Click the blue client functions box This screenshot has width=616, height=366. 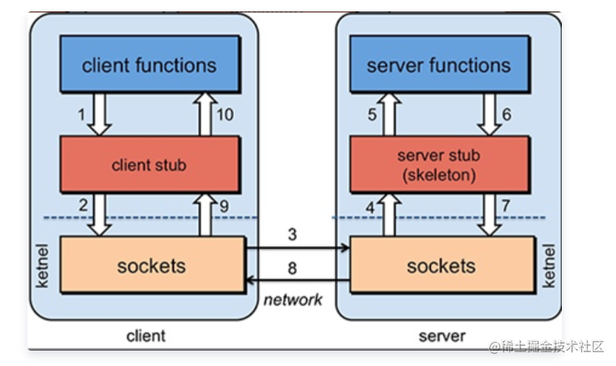[x=150, y=65]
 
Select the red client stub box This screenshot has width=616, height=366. [x=149, y=165]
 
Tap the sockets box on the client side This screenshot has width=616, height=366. [x=151, y=266]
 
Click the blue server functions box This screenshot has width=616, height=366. [x=438, y=65]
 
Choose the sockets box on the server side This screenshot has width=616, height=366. [x=441, y=266]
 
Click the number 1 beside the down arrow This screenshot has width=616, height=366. [x=82, y=115]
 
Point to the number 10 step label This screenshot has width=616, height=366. [x=226, y=115]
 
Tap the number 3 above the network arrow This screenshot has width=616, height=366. [x=293, y=233]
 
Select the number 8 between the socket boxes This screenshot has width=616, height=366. [x=293, y=267]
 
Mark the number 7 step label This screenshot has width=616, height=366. [x=507, y=207]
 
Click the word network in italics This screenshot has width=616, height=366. [x=293, y=300]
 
